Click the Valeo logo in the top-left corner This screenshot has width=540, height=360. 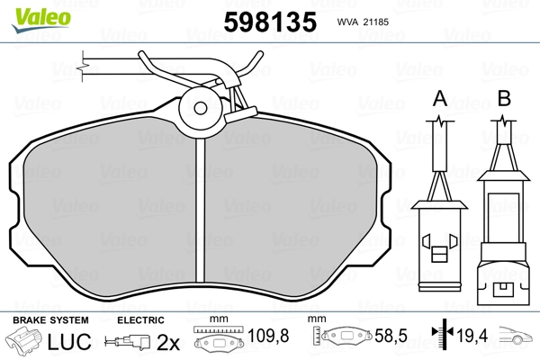(x=41, y=21)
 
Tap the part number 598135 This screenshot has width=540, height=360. (x=270, y=22)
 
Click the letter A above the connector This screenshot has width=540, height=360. (x=440, y=99)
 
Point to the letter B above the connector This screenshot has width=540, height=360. (x=504, y=98)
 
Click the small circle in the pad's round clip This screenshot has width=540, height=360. (x=200, y=108)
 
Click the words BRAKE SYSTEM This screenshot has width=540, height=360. (x=50, y=320)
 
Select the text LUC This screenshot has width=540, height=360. (x=69, y=341)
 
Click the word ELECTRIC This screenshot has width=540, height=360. (x=140, y=320)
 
